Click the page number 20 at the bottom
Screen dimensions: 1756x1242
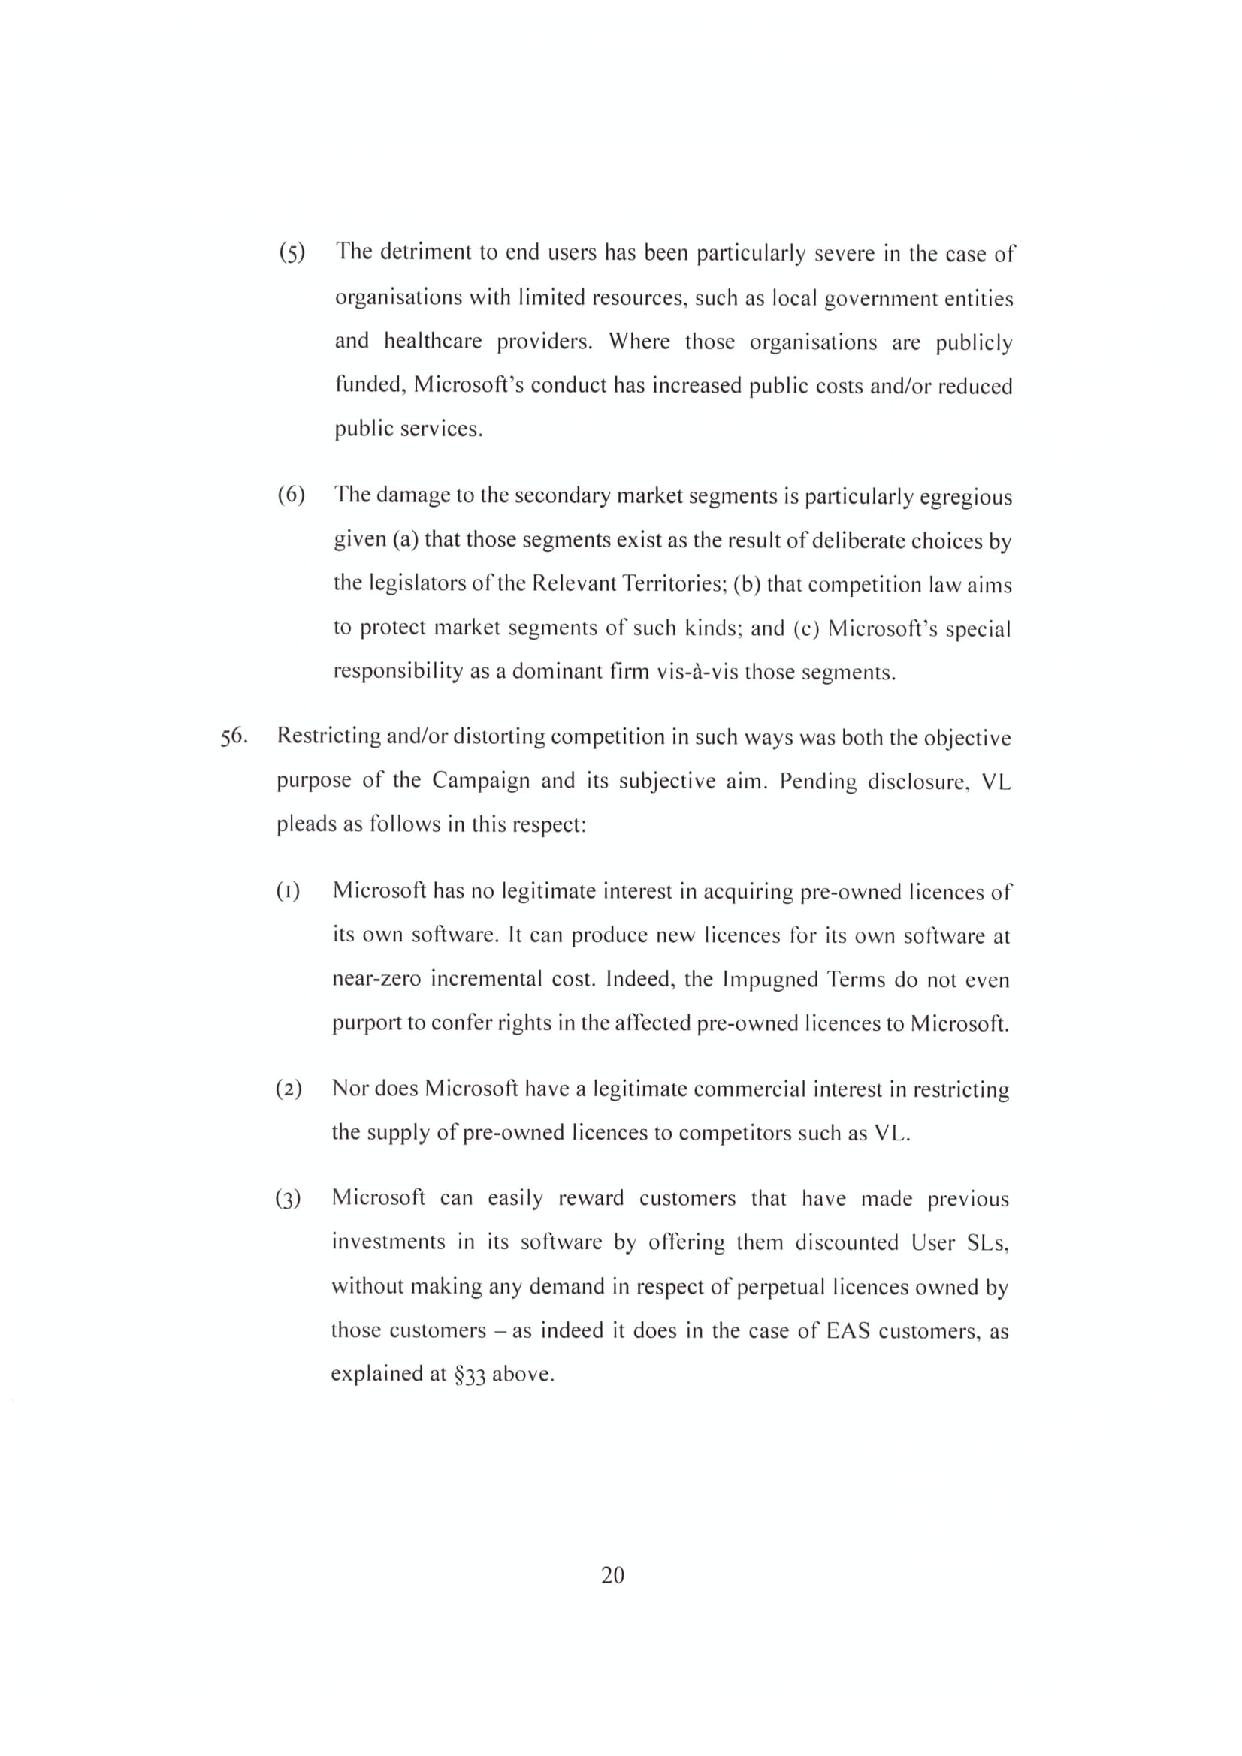click(613, 1576)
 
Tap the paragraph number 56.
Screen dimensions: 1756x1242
click(234, 737)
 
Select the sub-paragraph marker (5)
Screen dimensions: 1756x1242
click(292, 252)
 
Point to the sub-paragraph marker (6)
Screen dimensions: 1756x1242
click(292, 495)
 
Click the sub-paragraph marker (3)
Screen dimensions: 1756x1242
click(289, 1199)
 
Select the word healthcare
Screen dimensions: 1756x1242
click(432, 341)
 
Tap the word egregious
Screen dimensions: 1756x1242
click(965, 497)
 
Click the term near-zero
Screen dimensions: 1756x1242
click(376, 980)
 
